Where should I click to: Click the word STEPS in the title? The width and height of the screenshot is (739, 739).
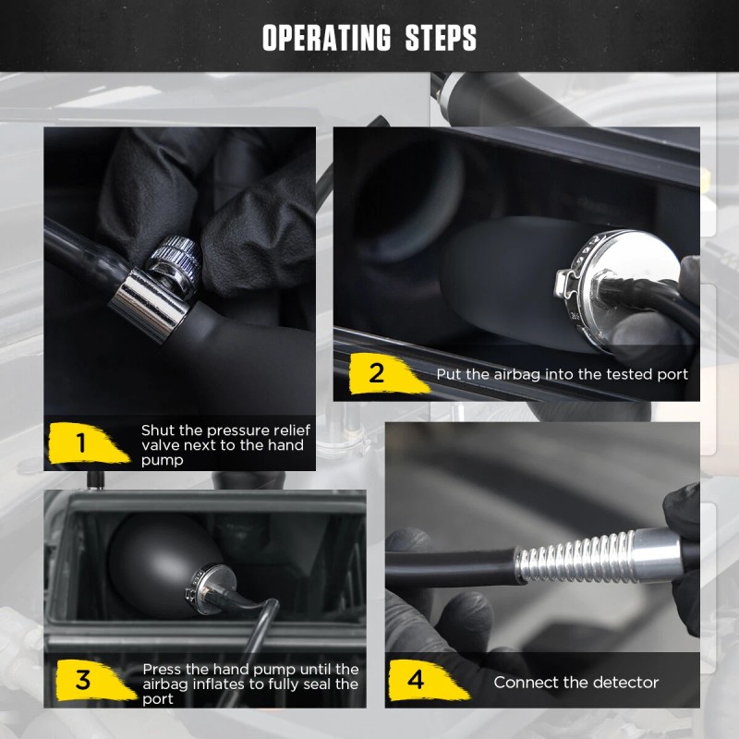[x=441, y=39]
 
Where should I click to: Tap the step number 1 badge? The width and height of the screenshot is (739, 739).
[x=84, y=443]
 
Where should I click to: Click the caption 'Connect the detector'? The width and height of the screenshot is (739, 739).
[x=575, y=683]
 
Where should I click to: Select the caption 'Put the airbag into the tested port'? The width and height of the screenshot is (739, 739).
[x=563, y=375]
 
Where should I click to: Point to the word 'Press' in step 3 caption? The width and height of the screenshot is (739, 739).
[x=163, y=669]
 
